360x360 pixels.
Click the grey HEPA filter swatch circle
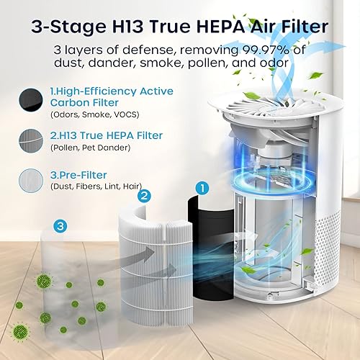[33, 137]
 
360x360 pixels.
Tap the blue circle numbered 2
[145, 194]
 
